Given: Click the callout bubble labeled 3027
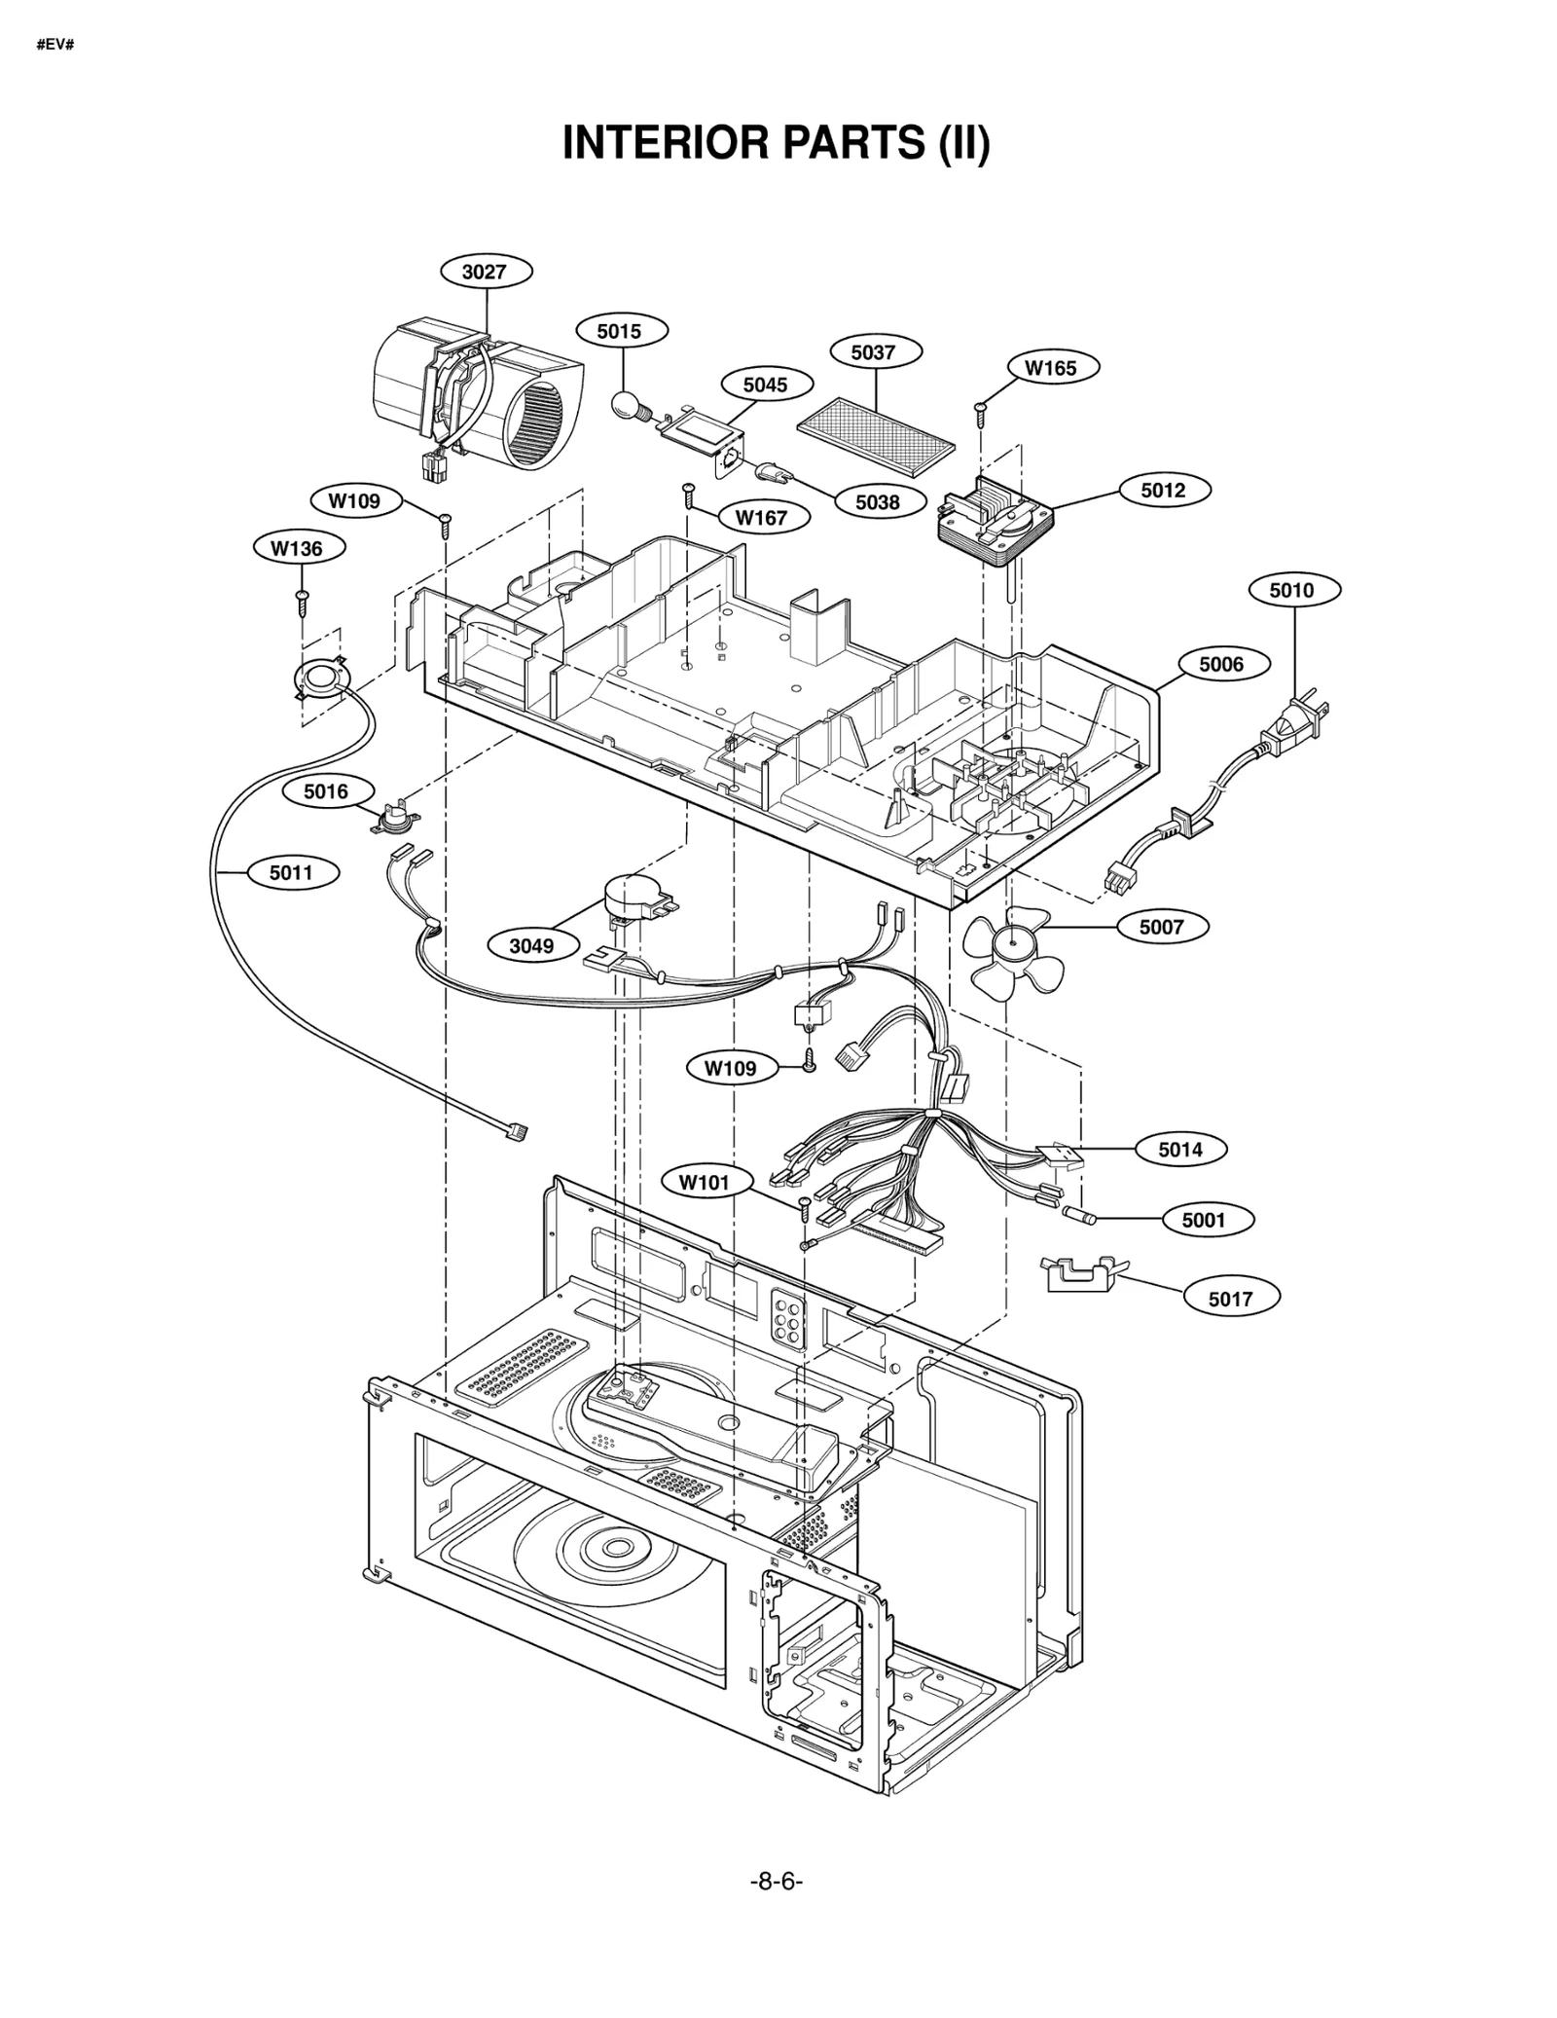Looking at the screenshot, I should tap(486, 272).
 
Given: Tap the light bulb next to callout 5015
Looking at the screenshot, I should tap(627, 403).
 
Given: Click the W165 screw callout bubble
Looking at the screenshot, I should tap(1050, 368).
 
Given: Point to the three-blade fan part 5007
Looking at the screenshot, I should tap(1013, 952).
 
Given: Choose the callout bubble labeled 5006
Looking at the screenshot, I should tap(1220, 664).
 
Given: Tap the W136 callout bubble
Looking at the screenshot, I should tap(296, 548).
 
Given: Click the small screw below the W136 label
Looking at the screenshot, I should tap(303, 602).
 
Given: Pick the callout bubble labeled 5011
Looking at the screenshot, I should tap(291, 872).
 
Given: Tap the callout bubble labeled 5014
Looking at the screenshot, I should tap(1179, 1150).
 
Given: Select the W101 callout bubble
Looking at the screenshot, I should tap(704, 1183).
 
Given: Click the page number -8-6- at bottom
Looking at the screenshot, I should tap(776, 1908).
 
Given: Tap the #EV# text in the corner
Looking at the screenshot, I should tap(55, 46).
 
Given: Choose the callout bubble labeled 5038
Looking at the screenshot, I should tap(877, 502).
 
